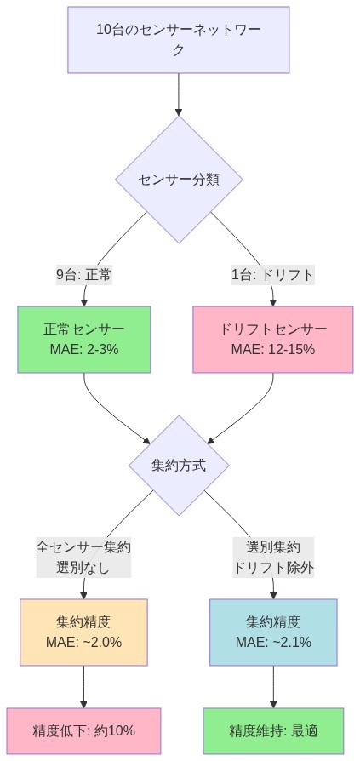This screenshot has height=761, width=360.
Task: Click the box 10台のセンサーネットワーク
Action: point(179,40)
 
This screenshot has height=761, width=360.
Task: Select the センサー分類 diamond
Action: point(179,179)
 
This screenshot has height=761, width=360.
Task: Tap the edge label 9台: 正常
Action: point(84,274)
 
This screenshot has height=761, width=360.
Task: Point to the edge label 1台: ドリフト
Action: point(272,274)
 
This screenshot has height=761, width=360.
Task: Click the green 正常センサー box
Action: point(84,339)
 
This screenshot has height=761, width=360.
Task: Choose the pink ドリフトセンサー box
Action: point(273,339)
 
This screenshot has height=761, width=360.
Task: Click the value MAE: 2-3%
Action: point(84,349)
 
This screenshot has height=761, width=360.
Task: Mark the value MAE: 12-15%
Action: point(273,349)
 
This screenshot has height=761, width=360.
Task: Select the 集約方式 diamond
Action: point(179,466)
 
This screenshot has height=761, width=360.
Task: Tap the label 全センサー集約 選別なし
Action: point(83,557)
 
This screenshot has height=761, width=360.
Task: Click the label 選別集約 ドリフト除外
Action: point(273,557)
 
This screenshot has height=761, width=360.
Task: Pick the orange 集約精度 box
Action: point(83,632)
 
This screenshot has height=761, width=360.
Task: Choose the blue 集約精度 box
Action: point(273,632)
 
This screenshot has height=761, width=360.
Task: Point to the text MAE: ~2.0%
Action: point(83,642)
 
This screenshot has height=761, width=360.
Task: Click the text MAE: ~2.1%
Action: point(273,642)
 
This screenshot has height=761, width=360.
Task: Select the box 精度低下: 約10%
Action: point(83,730)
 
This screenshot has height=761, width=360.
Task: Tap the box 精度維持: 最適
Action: point(273,730)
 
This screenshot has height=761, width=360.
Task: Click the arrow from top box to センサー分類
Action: point(179,94)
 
